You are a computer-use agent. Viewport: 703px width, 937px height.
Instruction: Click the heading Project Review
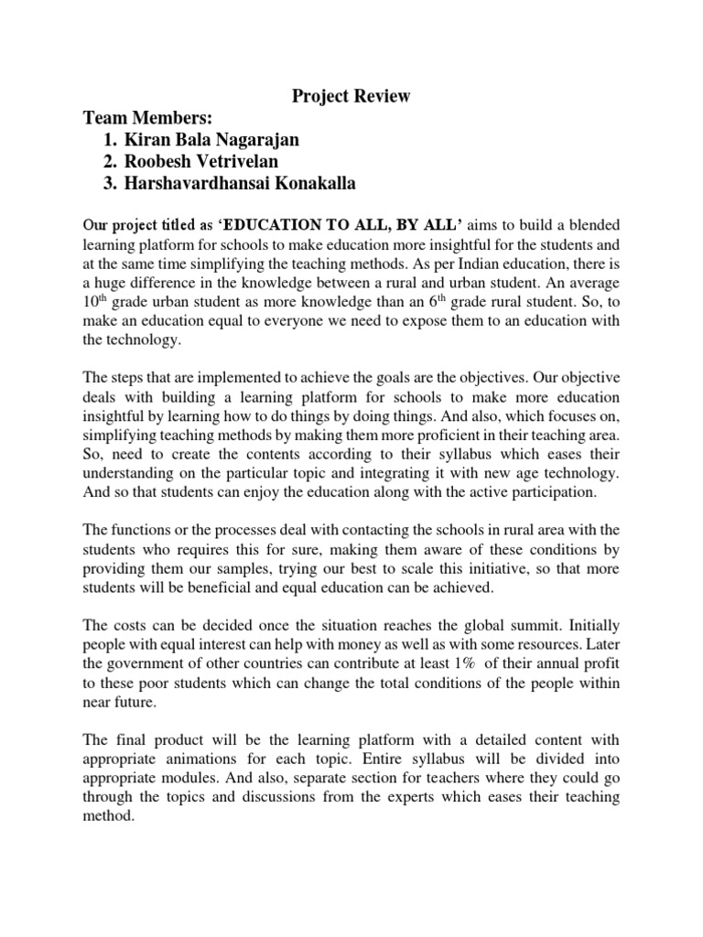(351, 97)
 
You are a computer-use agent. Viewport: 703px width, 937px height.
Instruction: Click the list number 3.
(112, 184)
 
